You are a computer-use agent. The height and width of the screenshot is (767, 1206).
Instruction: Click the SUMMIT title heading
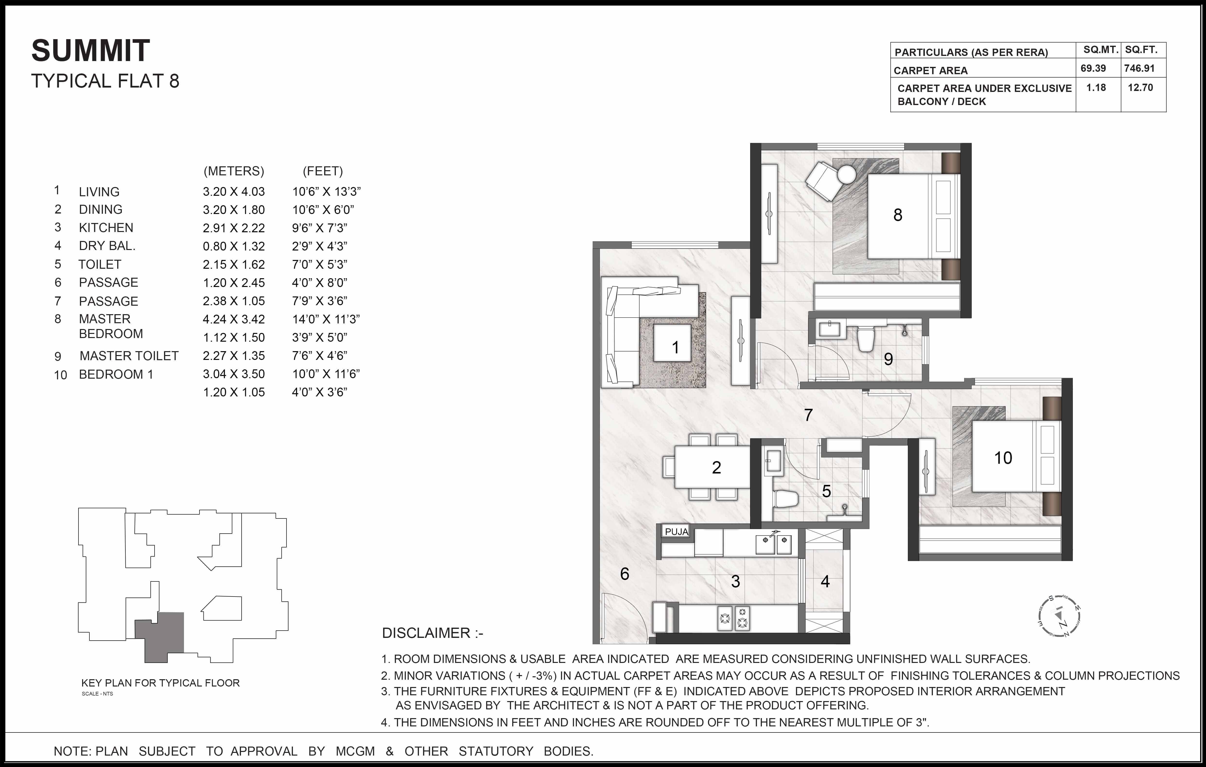(91, 51)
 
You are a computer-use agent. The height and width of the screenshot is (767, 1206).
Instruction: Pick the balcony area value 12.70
(1140, 88)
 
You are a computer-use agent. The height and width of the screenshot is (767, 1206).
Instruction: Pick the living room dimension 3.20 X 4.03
(233, 191)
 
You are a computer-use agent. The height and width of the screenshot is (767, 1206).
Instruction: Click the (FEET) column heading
(322, 171)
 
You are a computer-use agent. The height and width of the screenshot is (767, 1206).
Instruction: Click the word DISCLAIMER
(426, 633)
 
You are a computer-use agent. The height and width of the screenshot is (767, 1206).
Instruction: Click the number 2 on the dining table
(716, 467)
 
